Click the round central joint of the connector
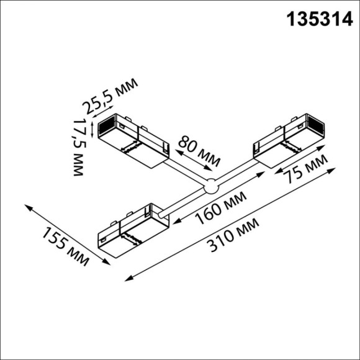point(211,185)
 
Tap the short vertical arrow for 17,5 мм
point(92,128)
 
